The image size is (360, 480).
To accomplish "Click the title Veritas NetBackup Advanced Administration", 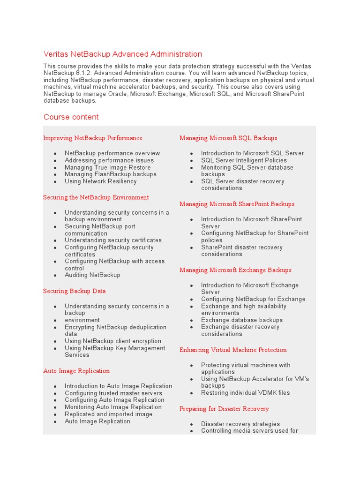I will (123, 54).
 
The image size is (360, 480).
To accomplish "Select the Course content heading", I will (71, 117).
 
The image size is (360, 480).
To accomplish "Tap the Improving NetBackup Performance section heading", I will (93, 138).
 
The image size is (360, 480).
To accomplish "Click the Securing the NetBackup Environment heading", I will (96, 197).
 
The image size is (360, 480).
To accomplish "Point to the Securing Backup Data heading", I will (75, 291).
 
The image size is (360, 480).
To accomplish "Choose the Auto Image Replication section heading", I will (76, 371).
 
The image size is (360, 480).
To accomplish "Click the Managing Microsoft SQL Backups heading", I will (228, 138).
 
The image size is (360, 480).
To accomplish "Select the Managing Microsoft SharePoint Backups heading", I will (237, 204).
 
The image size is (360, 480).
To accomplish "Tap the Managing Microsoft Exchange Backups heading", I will (235, 270).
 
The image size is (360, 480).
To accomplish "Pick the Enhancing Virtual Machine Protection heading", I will (233, 350).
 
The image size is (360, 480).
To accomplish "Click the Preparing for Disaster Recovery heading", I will (224, 409).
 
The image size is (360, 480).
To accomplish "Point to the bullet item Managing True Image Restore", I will (108, 167).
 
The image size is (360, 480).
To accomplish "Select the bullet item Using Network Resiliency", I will (101, 181).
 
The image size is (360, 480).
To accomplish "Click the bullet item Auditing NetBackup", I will (92, 275).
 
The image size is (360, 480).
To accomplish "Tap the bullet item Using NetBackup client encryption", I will (113, 341).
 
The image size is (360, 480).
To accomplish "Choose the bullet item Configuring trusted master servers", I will (113, 393).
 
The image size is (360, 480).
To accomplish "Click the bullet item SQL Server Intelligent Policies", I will (244, 160).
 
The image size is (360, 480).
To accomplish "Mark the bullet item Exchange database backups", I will (242, 320).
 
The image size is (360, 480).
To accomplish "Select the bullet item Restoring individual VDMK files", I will (246, 393).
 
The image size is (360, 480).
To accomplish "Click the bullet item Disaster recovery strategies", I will (240, 424).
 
